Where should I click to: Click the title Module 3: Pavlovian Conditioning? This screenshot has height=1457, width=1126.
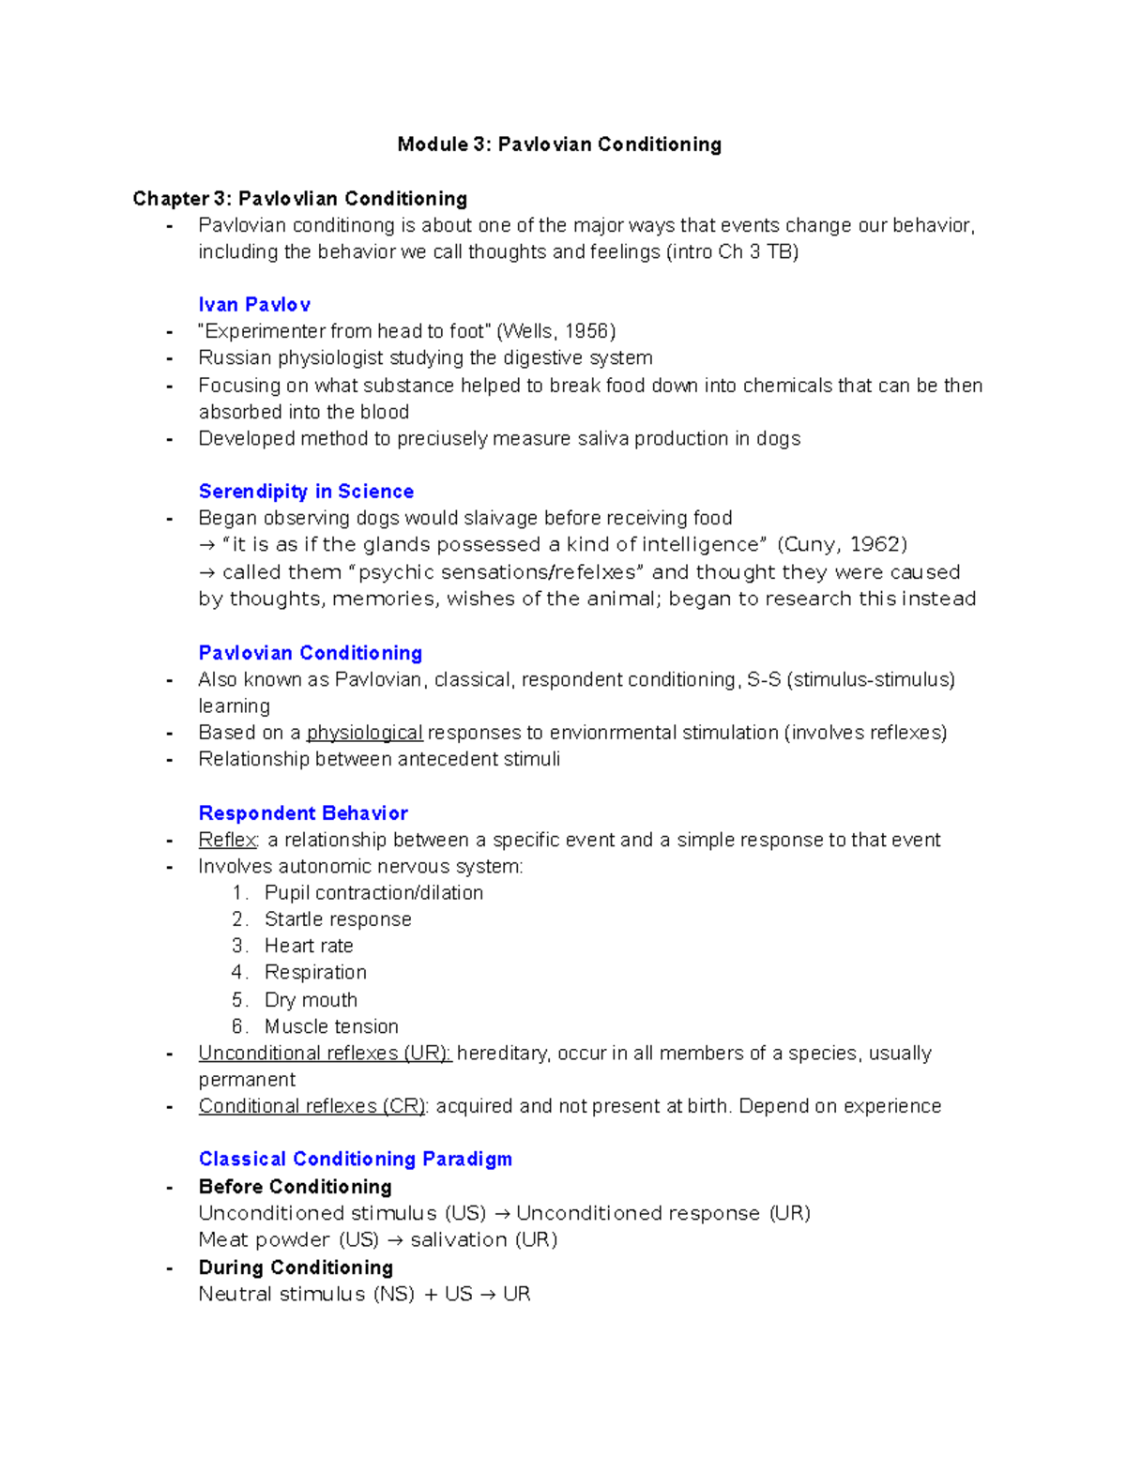click(559, 144)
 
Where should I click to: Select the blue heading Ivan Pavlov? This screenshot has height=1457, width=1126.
click(254, 305)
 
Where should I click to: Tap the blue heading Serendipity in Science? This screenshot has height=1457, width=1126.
click(306, 492)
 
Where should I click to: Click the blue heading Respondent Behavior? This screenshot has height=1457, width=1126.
click(303, 813)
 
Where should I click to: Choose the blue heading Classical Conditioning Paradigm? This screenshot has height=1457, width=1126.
click(356, 1160)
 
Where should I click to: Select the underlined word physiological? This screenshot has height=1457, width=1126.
click(364, 733)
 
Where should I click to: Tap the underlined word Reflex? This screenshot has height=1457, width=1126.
click(227, 840)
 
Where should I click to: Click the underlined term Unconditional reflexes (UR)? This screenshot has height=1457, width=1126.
click(325, 1054)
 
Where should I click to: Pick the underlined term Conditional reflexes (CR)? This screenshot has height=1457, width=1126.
click(312, 1107)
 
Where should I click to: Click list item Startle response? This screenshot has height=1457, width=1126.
click(338, 919)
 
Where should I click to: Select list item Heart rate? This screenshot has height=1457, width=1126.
click(309, 947)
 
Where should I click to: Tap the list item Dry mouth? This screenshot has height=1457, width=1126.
click(311, 1000)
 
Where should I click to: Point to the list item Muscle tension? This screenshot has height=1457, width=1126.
click(331, 1027)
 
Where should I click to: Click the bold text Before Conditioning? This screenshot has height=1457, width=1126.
click(295, 1187)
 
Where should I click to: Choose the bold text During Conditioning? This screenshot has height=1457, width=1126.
click(296, 1267)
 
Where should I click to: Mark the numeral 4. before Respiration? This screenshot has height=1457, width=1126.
click(239, 973)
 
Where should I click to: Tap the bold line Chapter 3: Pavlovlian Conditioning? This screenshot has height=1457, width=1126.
click(300, 199)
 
